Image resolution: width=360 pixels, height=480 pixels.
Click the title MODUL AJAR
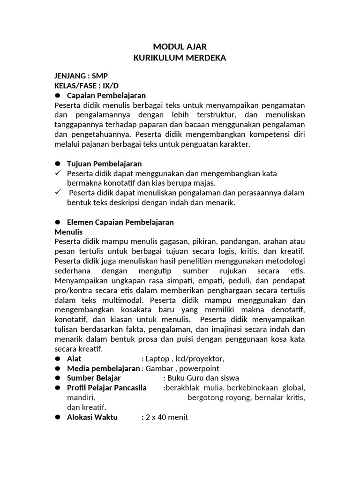point(180,47)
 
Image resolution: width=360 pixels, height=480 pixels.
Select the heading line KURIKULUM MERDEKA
point(180,58)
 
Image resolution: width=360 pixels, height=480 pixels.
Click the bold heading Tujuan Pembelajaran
point(105,164)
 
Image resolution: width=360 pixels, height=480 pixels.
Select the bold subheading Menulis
point(68,232)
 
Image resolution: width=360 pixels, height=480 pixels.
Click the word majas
point(205,183)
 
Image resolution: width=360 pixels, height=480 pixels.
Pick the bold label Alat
point(74,359)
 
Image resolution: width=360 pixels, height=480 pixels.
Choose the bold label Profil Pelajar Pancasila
point(107,388)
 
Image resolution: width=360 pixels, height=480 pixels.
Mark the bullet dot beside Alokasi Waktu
point(58,417)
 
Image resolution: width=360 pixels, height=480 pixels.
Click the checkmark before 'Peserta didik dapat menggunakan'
point(59,173)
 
